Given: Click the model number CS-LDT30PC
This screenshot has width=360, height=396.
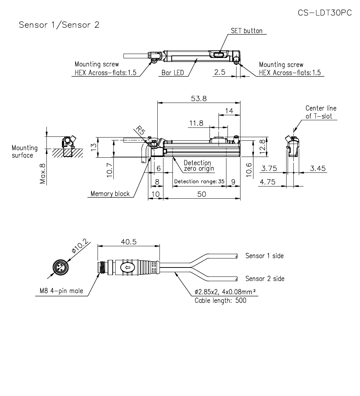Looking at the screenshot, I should pos(325,13).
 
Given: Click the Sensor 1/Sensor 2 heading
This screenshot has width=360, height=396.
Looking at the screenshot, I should pos(59,25).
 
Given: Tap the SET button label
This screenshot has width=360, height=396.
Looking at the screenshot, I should pos(247,31).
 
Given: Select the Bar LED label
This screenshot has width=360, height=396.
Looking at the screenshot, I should pos(172,73).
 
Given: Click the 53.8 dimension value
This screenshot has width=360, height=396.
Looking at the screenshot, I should pos(198,98).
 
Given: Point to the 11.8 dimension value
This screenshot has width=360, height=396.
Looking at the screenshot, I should pos(196,123).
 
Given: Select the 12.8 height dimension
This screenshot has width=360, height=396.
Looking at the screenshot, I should pos(262,146).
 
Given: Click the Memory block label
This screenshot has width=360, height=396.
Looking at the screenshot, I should pos(110,194).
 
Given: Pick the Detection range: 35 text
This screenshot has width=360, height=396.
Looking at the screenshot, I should pos(199,181).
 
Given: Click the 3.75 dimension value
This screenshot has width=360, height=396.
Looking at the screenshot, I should pos(269,168).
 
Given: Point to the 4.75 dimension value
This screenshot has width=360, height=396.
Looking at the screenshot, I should pos(267,182).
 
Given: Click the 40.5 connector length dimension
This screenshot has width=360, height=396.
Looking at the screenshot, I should pos(129,242).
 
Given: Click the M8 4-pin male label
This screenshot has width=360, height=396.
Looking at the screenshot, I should pos(61,291).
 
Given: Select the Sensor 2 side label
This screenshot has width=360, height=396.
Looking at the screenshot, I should pos(265,279).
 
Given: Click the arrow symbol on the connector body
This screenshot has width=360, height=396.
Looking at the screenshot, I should pos(128,267).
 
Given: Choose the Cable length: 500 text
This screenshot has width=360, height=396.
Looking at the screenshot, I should pos(220,300).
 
